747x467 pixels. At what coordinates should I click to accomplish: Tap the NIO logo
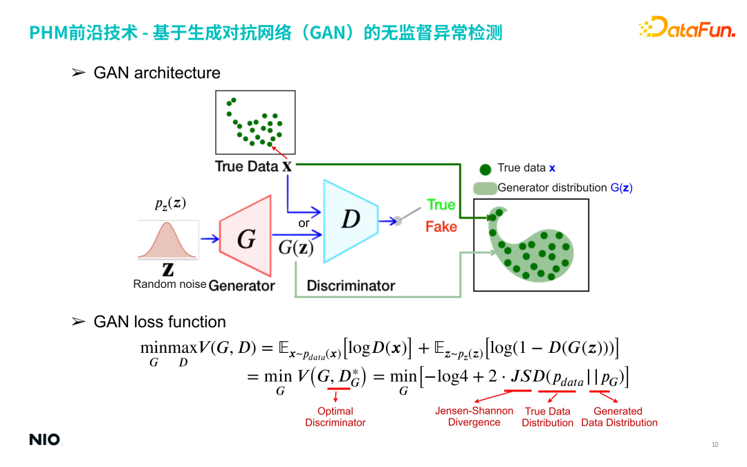tap(44, 439)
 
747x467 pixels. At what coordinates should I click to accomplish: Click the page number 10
tap(715, 444)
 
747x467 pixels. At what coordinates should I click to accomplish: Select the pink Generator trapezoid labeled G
tap(246, 239)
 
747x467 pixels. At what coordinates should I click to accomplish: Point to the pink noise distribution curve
tap(168, 241)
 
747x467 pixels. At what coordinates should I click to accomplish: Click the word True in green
tap(441, 205)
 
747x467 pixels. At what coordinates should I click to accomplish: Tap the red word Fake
tap(441, 226)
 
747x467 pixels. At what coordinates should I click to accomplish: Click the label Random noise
tap(169, 284)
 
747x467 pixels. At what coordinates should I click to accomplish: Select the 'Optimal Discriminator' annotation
tap(335, 416)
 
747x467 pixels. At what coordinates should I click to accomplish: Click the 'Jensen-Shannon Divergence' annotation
tap(474, 416)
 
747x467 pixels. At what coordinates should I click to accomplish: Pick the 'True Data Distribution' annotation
tap(547, 416)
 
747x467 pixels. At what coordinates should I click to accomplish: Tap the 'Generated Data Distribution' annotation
tap(618, 416)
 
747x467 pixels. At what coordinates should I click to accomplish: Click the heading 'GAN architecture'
tap(156, 73)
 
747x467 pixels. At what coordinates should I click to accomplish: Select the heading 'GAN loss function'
tap(159, 322)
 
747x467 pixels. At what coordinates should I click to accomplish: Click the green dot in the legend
tap(486, 168)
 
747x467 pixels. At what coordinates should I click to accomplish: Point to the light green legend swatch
tap(484, 187)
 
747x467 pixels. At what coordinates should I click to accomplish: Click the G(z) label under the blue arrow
tap(295, 248)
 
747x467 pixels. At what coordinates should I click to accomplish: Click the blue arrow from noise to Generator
tap(208, 239)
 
